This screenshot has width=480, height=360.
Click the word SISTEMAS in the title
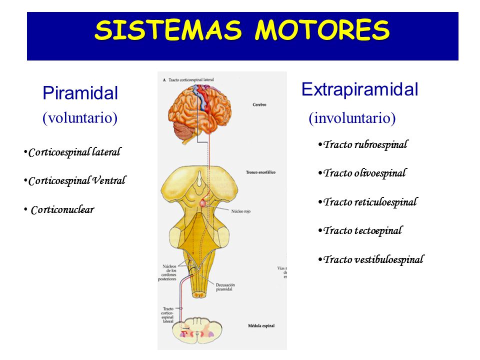(x=168, y=31)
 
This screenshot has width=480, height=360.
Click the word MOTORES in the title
(x=322, y=31)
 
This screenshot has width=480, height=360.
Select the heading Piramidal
(x=80, y=93)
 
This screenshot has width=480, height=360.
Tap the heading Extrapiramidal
(x=359, y=90)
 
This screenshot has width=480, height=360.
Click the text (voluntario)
(x=80, y=118)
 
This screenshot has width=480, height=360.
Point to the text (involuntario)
(x=352, y=118)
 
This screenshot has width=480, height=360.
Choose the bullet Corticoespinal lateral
(x=74, y=152)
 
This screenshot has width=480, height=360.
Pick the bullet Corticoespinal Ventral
(x=77, y=181)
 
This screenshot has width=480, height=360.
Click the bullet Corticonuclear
(x=62, y=210)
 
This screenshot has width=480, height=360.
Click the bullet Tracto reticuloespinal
(x=370, y=202)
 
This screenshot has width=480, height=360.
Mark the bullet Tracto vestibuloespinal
(x=373, y=260)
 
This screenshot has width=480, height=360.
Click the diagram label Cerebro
(x=259, y=105)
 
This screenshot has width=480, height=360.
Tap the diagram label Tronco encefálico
(x=260, y=172)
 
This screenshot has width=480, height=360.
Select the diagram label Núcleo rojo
(x=240, y=211)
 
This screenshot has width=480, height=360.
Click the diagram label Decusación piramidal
(x=226, y=286)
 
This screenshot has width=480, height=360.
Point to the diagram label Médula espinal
(x=260, y=325)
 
